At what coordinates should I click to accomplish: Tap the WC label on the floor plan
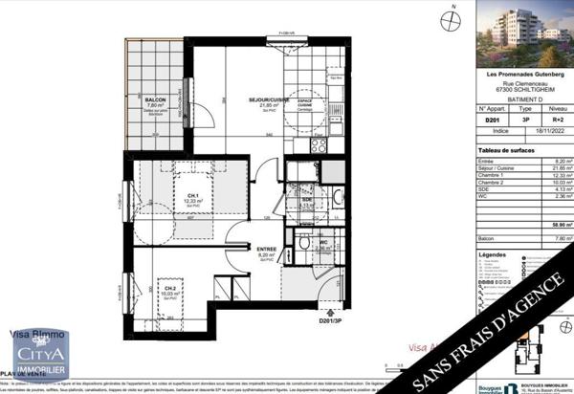[323, 242]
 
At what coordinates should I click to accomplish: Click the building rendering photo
[524, 33]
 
